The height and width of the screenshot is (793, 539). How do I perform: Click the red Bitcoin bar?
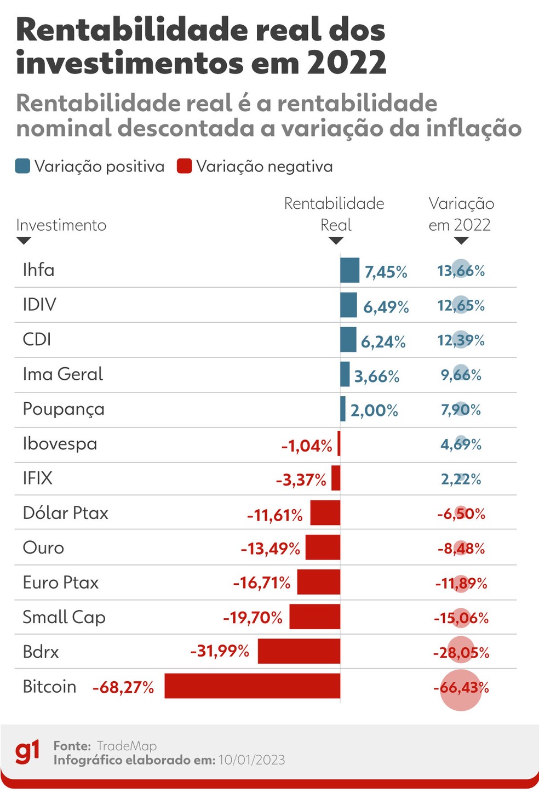[x=252, y=686]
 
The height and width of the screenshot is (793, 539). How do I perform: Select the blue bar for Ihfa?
[x=349, y=270]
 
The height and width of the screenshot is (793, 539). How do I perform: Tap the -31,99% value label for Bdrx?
[x=220, y=651]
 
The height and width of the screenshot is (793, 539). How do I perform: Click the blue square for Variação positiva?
[x=22, y=166]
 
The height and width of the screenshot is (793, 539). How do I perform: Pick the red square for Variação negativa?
[x=185, y=166]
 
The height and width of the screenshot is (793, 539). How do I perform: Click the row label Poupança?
[x=64, y=409]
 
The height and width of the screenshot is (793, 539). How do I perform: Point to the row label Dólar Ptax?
[x=65, y=513]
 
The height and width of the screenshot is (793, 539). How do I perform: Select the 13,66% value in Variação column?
[x=461, y=271]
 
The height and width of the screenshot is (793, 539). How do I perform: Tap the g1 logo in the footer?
[x=27, y=752]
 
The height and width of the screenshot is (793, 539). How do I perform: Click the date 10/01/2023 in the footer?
[x=251, y=760]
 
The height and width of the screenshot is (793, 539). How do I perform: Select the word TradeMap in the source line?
[x=127, y=746]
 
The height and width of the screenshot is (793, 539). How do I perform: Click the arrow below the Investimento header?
[x=24, y=241]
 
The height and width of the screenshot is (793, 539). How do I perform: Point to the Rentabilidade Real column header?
[x=334, y=214]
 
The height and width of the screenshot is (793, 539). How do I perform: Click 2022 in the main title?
[x=346, y=63]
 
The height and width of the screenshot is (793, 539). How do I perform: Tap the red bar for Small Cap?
[x=314, y=617]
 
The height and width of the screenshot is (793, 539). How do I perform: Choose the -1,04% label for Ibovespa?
[x=306, y=446]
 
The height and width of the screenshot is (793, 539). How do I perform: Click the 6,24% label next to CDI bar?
[x=383, y=342]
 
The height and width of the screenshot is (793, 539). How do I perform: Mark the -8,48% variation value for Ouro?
[x=461, y=549]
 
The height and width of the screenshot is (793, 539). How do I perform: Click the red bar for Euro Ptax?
[x=318, y=582]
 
